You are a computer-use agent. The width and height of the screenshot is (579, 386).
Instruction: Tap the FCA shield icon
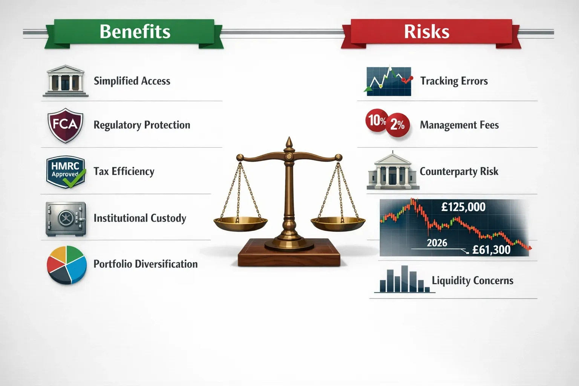point(65,125)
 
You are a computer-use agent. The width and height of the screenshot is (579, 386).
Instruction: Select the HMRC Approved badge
point(65,172)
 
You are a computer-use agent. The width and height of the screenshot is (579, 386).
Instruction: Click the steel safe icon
point(66,219)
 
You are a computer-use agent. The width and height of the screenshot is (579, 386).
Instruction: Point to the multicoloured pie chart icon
point(66,265)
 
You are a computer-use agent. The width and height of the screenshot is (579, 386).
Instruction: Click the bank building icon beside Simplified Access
point(65,80)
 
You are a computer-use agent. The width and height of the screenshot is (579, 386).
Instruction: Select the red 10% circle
point(377,120)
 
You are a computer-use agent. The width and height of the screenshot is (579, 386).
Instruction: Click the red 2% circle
point(397,124)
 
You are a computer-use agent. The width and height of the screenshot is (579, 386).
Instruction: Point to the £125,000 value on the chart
point(463,207)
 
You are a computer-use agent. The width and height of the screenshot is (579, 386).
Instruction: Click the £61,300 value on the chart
point(491,250)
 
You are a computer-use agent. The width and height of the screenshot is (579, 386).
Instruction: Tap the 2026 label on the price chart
point(437,243)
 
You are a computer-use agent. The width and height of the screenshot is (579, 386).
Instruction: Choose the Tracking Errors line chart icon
point(389,81)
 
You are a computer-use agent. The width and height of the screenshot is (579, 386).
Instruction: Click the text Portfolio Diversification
point(146,264)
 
